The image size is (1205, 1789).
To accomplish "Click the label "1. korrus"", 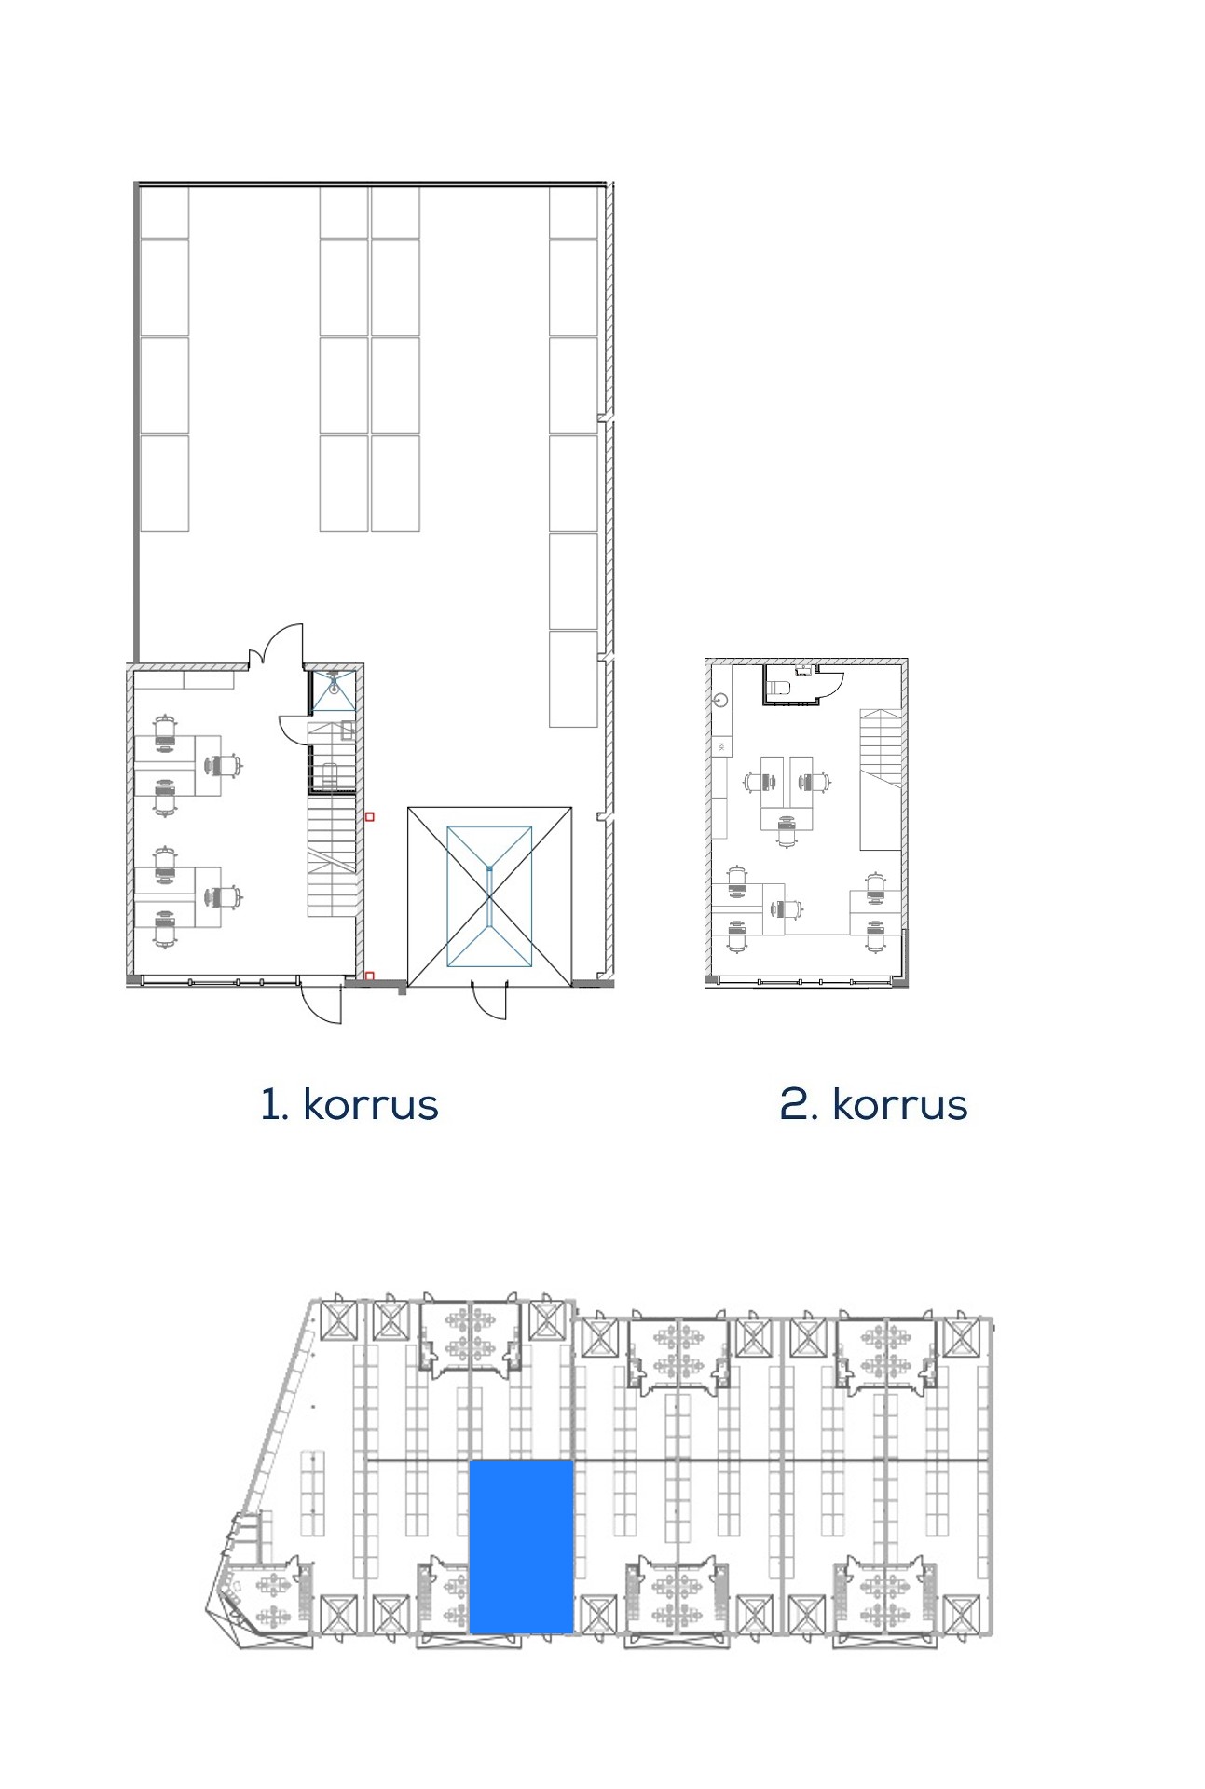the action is pyautogui.click(x=349, y=1104).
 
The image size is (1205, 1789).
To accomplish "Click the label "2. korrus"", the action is pyautogui.click(x=873, y=1104).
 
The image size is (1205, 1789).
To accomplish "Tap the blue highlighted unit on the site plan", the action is pyautogui.click(x=521, y=1547).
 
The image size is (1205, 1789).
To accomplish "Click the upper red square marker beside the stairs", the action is pyautogui.click(x=369, y=817).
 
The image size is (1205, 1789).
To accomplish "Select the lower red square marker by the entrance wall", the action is pyautogui.click(x=369, y=976).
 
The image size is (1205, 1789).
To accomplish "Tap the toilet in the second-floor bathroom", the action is pyautogui.click(x=779, y=689).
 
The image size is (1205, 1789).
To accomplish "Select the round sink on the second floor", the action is pyautogui.click(x=719, y=698).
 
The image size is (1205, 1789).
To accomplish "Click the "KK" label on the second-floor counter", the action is pyautogui.click(x=720, y=746).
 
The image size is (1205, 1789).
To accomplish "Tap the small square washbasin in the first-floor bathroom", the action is pyautogui.click(x=347, y=730).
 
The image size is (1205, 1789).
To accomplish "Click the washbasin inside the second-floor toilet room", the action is pyautogui.click(x=801, y=670).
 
